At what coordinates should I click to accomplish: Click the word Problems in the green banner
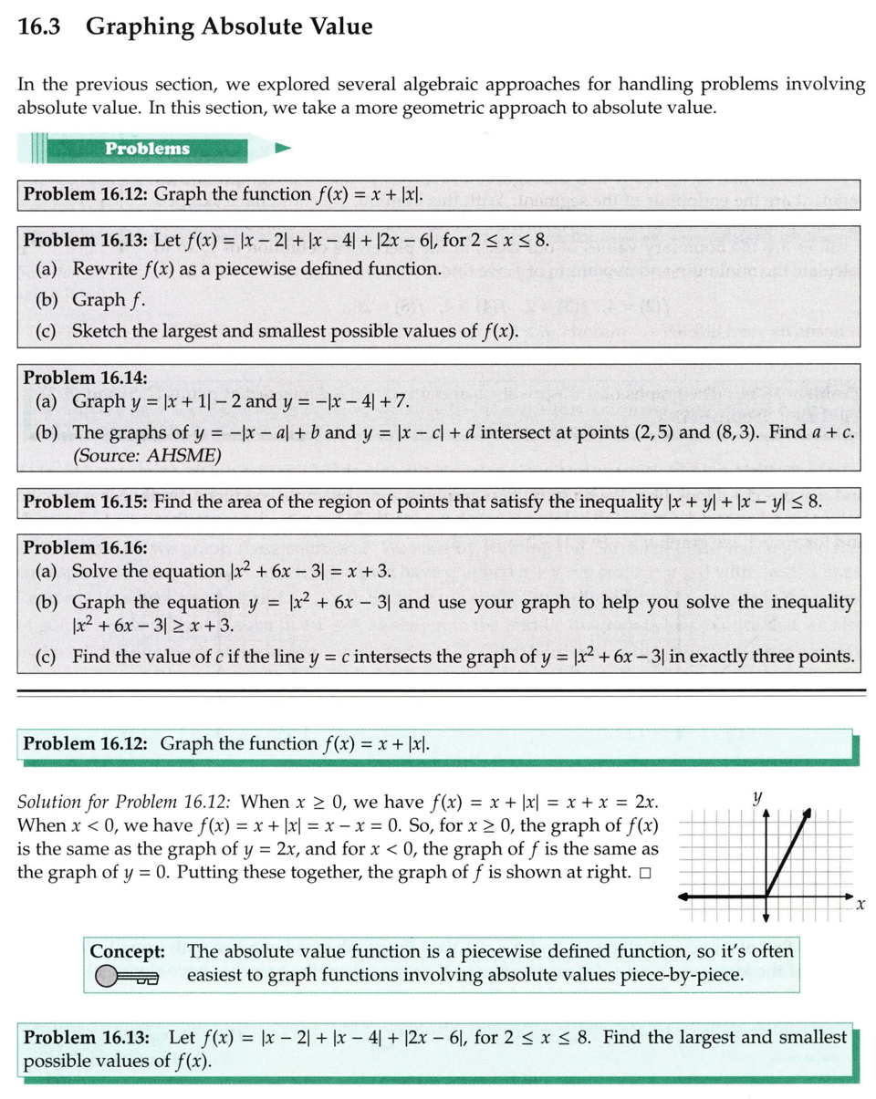[x=147, y=149]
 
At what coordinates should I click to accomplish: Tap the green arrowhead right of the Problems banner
[x=283, y=147]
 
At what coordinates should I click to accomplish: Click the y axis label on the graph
[x=756, y=796]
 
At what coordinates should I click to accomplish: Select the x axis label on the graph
[x=859, y=904]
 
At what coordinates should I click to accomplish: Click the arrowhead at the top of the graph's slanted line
[x=809, y=809]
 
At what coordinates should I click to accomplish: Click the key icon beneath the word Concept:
[x=126, y=977]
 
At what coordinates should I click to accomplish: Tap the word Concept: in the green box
[x=127, y=951]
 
